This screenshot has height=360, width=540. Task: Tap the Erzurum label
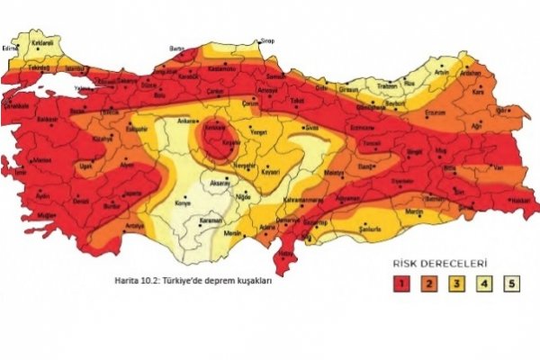pyautogui.click(x=435, y=113)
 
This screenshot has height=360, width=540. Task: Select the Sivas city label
pyautogui.click(x=312, y=129)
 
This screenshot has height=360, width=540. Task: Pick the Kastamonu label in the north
pyautogui.click(x=220, y=68)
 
